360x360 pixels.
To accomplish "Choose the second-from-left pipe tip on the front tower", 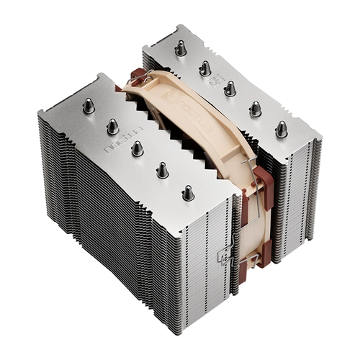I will pyautogui.click(x=112, y=126).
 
